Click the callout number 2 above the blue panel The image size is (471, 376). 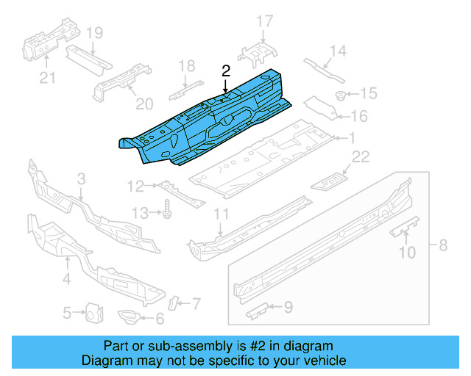(226, 70)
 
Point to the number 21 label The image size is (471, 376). (47, 78)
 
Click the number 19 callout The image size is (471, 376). (94, 33)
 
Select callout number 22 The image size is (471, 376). (360, 156)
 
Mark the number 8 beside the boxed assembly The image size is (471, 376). (443, 245)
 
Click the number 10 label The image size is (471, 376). (406, 253)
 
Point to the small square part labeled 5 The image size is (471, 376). (93, 313)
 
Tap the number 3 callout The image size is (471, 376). (81, 178)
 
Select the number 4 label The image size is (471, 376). (66, 278)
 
